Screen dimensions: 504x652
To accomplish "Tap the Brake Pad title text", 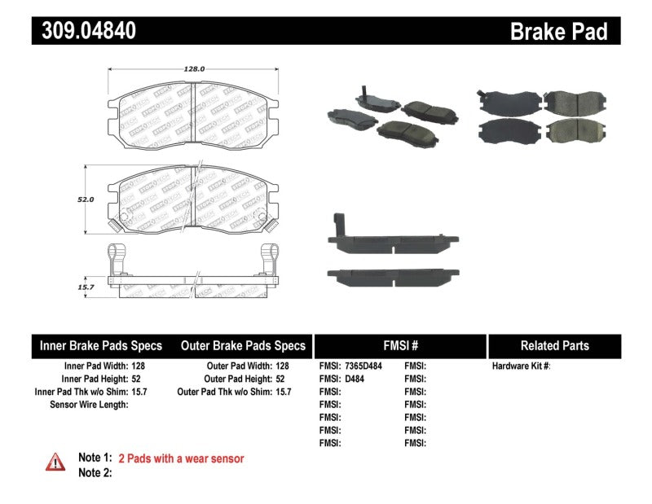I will (x=558, y=32).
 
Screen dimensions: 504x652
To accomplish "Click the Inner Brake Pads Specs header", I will (x=101, y=346).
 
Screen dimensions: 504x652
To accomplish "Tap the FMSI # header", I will (x=400, y=346).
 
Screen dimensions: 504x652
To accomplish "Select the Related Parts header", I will (x=554, y=346).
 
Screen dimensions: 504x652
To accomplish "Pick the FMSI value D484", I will (x=355, y=379).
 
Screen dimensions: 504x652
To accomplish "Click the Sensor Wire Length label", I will (x=89, y=404).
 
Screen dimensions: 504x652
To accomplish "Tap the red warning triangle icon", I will (x=55, y=461).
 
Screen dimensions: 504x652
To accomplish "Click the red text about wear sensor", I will (x=181, y=459).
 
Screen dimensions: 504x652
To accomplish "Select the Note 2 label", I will (x=95, y=472).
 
